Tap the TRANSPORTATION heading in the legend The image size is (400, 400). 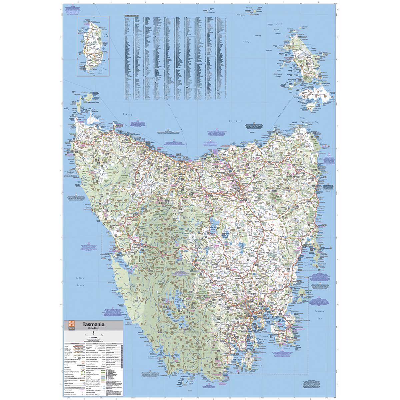(x=72, y=343)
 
